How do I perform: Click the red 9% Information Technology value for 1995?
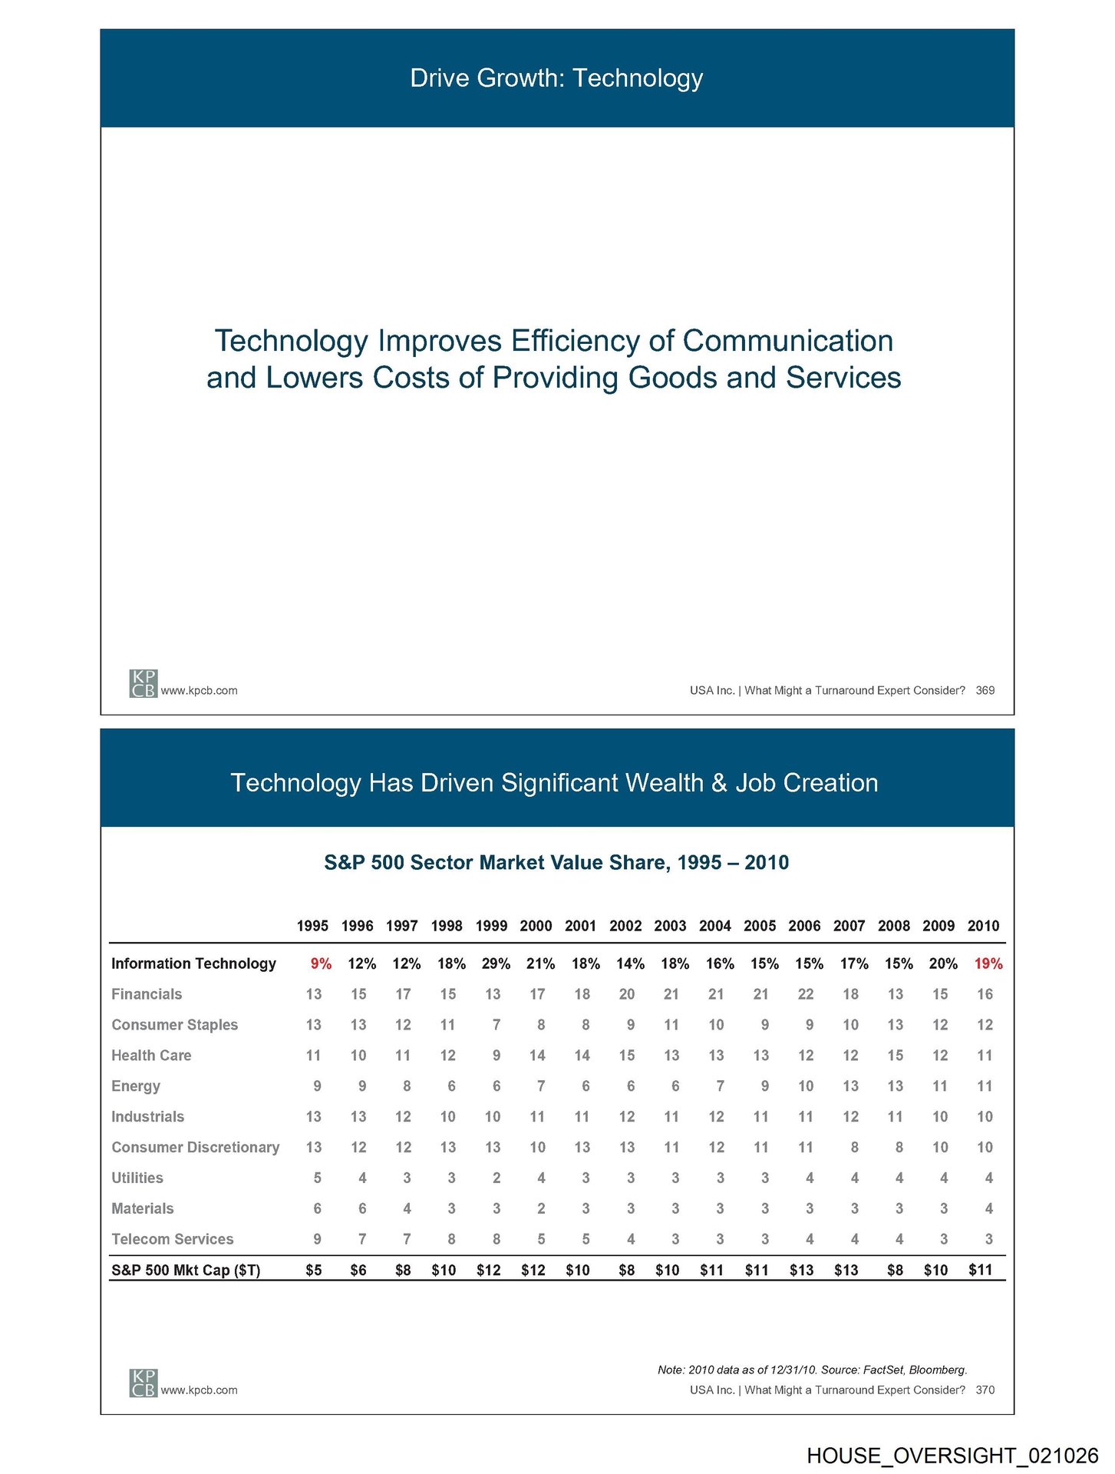[x=321, y=963]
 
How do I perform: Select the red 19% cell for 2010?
[x=988, y=963]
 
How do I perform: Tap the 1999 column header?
[x=491, y=926]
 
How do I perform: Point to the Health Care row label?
[x=151, y=1056]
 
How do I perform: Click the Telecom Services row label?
[x=173, y=1239]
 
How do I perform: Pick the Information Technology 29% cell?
[x=496, y=963]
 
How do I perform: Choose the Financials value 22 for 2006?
[x=805, y=994]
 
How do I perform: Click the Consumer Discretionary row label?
[x=196, y=1147]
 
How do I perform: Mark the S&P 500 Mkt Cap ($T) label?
[x=186, y=1271]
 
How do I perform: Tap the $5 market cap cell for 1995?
[x=313, y=1271]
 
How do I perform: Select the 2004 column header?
[x=714, y=926]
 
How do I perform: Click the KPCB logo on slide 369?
[x=143, y=683]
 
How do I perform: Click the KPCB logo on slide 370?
[x=143, y=1383]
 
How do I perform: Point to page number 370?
[x=985, y=1390]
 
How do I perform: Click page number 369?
[x=985, y=691]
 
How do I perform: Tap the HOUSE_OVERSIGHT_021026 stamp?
[x=952, y=1456]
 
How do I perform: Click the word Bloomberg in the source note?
[x=938, y=1370]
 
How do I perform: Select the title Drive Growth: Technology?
[x=556, y=78]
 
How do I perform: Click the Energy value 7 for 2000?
[x=541, y=1086]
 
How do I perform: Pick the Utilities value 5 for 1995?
[x=317, y=1178]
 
